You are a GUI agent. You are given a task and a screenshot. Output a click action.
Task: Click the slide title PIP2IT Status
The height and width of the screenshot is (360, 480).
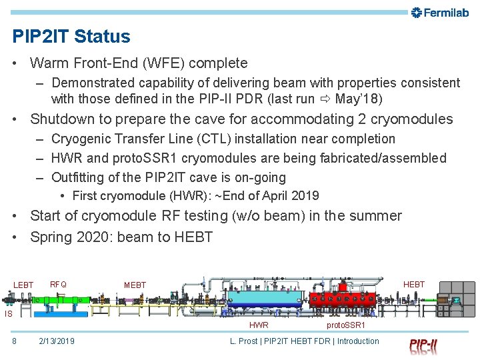pyautogui.click(x=71, y=36)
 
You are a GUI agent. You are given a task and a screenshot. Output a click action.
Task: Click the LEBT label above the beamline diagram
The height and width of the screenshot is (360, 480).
pyautogui.click(x=23, y=285)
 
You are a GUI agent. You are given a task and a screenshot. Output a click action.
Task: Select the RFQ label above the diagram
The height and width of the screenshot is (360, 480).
pyautogui.click(x=58, y=285)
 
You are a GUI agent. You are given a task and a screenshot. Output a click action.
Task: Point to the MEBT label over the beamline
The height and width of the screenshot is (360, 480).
pyautogui.click(x=135, y=285)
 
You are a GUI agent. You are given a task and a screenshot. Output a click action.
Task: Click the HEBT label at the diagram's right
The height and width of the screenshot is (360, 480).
pyautogui.click(x=413, y=285)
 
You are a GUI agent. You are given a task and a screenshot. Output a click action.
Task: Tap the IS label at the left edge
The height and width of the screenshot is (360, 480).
pyautogui.click(x=8, y=313)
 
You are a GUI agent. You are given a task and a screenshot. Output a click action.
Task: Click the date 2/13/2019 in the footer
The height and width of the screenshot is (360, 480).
pyautogui.click(x=57, y=341)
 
